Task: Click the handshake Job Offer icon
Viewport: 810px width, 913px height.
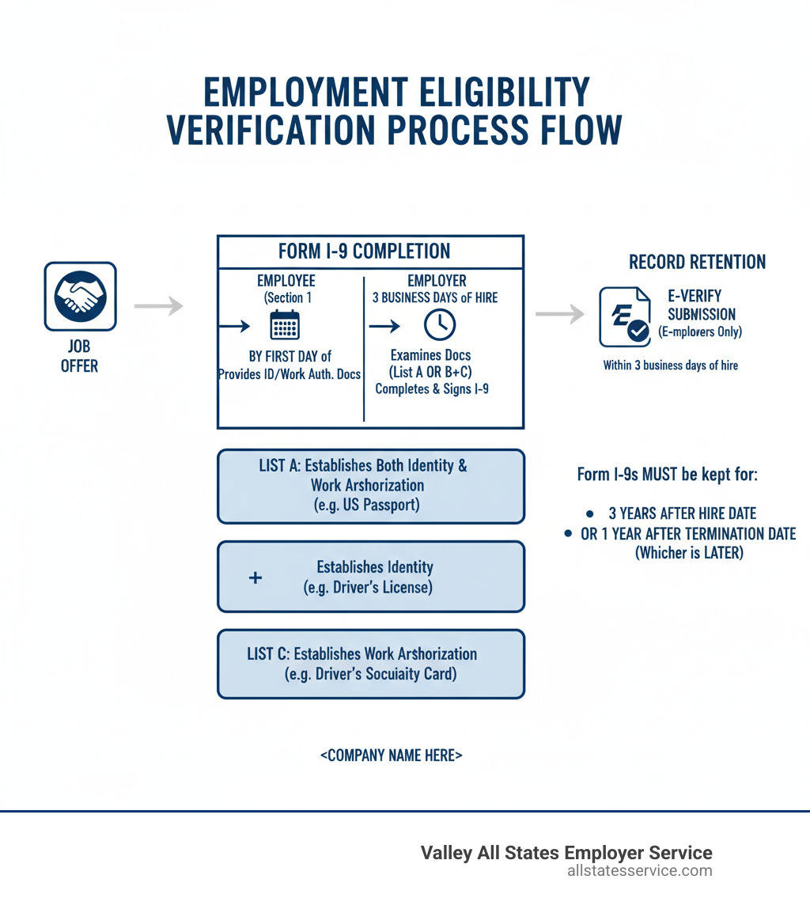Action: (80, 297)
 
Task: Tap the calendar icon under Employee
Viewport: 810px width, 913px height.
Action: (285, 325)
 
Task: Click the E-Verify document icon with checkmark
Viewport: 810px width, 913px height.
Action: (624, 317)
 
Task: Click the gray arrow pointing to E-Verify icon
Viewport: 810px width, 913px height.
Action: (559, 314)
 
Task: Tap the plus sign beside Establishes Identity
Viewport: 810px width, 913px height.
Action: (255, 578)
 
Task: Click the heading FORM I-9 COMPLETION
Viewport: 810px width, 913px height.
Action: (364, 252)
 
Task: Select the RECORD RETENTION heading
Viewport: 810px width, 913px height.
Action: (697, 262)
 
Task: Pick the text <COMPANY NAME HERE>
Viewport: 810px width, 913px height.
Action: (392, 755)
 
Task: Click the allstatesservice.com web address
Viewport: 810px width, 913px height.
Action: (639, 871)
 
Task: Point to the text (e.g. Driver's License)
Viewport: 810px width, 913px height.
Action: (368, 588)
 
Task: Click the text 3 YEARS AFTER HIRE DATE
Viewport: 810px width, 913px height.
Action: (682, 513)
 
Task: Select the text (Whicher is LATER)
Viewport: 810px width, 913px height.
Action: (689, 553)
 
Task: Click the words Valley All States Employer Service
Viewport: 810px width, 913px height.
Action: (566, 852)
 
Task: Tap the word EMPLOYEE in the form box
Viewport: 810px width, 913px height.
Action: (286, 281)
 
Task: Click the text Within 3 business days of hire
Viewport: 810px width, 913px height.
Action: (671, 366)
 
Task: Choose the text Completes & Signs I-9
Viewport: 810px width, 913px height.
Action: (432, 388)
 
